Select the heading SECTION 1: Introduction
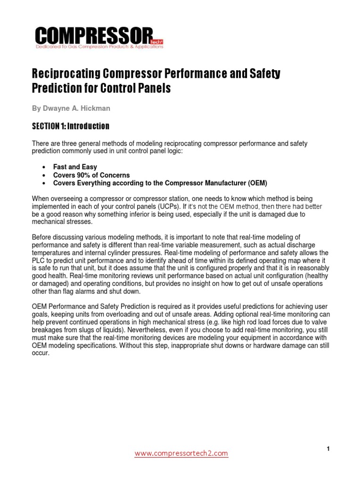(70, 126)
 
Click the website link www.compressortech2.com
(181, 454)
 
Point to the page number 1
(328, 449)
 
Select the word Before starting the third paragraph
(42, 237)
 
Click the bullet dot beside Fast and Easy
(43, 167)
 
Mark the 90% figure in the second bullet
(82, 175)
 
